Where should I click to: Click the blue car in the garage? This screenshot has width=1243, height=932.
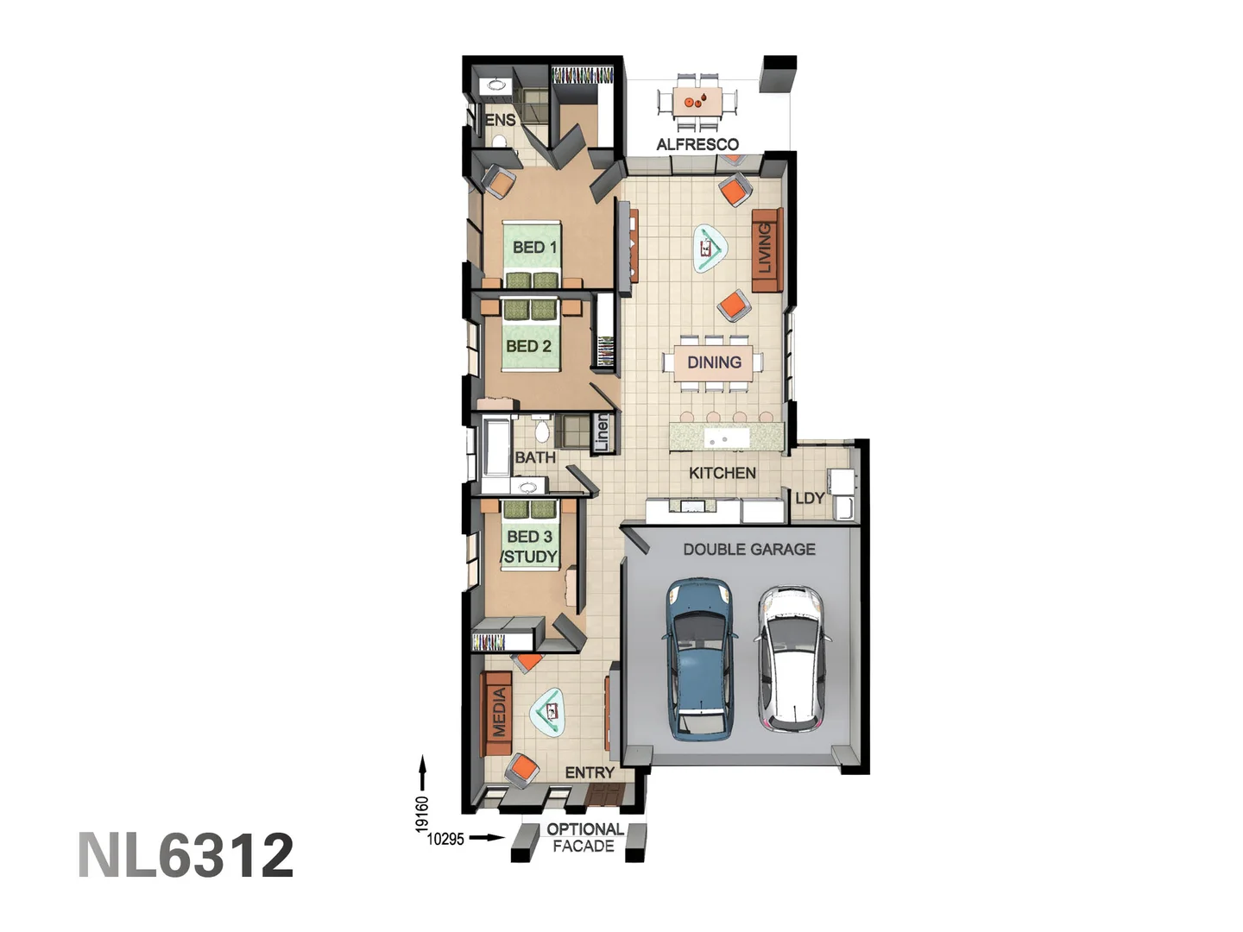click(701, 660)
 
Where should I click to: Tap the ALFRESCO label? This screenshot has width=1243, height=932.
click(697, 144)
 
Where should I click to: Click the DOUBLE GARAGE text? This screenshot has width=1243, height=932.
click(748, 549)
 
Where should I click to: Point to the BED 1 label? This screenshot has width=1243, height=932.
click(534, 248)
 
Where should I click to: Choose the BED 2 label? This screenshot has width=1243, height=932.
click(528, 346)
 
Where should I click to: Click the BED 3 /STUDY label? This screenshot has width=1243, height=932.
click(529, 547)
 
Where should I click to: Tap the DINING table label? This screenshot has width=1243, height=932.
click(714, 362)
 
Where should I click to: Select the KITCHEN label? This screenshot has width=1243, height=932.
click(722, 473)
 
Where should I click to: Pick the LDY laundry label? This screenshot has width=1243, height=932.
click(809, 498)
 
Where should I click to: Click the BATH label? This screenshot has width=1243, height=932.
click(535, 457)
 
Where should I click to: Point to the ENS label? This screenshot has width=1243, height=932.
click(500, 120)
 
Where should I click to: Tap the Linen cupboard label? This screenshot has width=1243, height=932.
click(602, 432)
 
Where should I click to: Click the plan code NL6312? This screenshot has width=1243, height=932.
click(186, 855)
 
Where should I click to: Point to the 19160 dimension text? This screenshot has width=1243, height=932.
click(422, 814)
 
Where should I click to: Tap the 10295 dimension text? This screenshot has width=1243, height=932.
click(445, 839)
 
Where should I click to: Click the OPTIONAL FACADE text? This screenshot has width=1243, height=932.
click(584, 838)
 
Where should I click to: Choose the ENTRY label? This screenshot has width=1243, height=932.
click(590, 772)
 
